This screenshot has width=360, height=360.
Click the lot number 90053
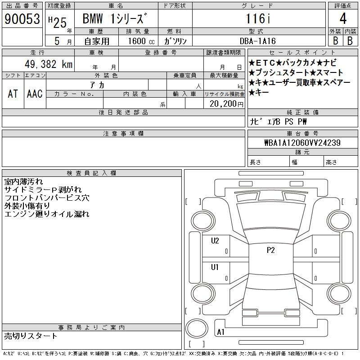(22, 19)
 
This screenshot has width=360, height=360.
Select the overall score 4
(343, 18)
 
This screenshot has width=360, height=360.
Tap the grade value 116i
(258, 18)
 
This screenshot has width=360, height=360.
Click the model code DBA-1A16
(257, 41)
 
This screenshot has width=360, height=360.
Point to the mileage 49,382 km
(49, 64)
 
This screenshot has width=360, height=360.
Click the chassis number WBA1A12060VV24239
(302, 143)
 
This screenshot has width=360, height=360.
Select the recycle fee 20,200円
(226, 104)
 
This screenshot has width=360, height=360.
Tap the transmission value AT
(13, 94)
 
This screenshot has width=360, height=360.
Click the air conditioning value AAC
(35, 94)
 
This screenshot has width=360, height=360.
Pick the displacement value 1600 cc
(141, 41)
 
